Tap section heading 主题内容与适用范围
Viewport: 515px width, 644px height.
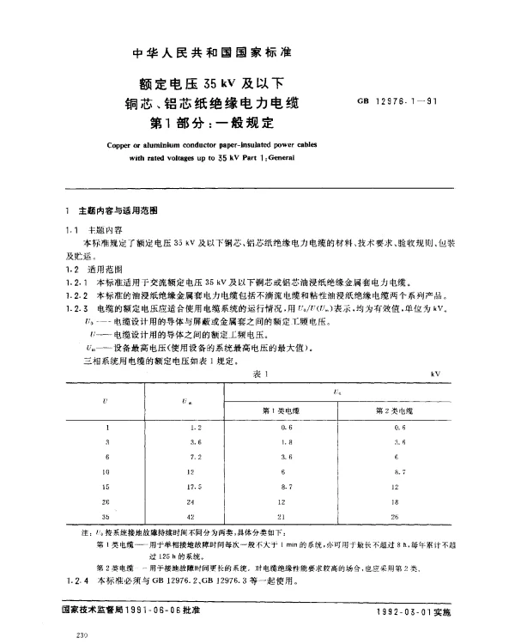tap(112, 210)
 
